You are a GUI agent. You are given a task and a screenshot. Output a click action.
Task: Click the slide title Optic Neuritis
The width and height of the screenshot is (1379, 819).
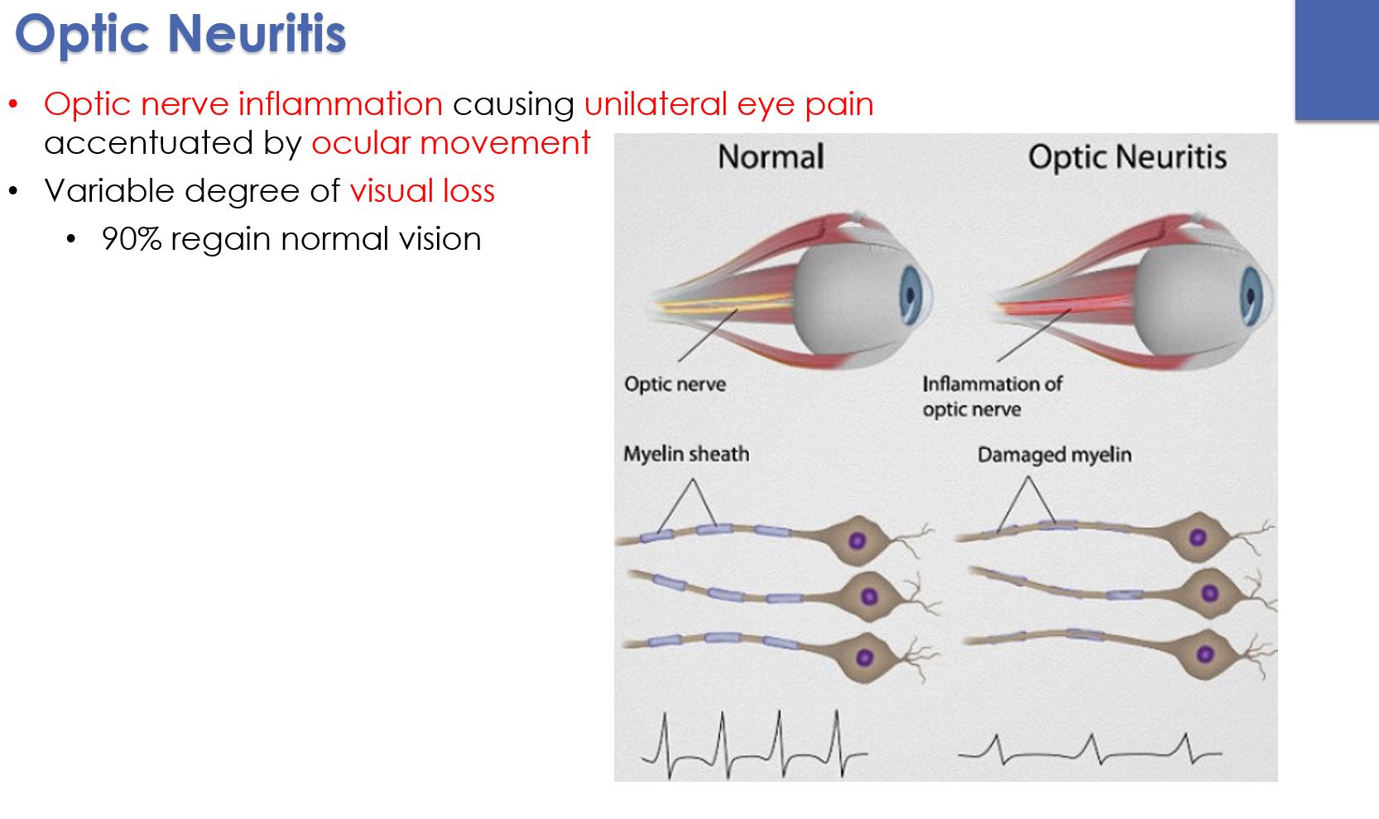180,35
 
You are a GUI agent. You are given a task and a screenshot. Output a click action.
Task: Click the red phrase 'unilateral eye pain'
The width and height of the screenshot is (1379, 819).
728,104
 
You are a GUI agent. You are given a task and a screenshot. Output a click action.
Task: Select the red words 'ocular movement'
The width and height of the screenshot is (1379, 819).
450,143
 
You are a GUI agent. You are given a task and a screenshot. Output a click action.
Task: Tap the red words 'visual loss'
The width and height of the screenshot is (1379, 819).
422,191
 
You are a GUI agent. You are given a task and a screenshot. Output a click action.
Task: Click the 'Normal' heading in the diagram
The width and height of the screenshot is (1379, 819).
771,156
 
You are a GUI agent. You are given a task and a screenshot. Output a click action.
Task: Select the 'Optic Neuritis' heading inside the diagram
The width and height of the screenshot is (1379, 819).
1127,156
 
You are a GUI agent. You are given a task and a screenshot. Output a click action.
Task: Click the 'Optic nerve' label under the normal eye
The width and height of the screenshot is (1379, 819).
675,384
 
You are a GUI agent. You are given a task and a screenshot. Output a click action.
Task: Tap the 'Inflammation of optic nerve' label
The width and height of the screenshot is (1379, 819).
992,396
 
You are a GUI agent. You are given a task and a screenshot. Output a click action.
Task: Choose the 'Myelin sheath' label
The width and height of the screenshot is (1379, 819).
686,454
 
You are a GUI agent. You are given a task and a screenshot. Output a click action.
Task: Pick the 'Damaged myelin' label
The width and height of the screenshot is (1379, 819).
1054,455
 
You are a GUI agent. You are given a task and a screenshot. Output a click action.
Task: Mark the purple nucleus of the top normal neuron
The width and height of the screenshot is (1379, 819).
858,541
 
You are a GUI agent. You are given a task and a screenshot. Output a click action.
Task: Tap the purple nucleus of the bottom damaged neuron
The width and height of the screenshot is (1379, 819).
1205,654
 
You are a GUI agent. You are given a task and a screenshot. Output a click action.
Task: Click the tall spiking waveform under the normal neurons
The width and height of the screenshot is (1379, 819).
753,745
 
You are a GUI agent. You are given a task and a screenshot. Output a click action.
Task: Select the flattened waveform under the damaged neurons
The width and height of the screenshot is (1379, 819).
1089,750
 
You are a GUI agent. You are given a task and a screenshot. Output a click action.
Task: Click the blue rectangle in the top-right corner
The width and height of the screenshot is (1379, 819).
1337,60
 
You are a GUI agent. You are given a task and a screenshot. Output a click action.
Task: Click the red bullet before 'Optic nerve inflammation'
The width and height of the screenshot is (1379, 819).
13,105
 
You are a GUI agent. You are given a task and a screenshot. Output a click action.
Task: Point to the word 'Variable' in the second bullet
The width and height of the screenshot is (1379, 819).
109,191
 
